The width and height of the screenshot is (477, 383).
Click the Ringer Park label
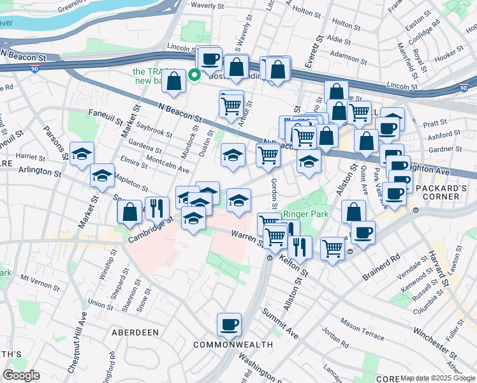[306, 214]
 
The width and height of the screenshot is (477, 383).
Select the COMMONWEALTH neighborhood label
[233, 345]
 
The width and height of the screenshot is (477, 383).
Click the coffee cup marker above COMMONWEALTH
[229, 325]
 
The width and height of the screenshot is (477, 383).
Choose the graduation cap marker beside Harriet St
[82, 154]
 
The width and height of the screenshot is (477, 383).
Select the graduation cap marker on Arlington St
[102, 176]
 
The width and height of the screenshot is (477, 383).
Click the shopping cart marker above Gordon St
[268, 154]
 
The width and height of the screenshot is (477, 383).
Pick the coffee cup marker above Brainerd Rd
[363, 232]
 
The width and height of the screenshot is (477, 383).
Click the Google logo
[21, 375]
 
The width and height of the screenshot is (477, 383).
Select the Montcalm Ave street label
[168, 165]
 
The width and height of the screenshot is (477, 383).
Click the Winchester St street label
[417, 332]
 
